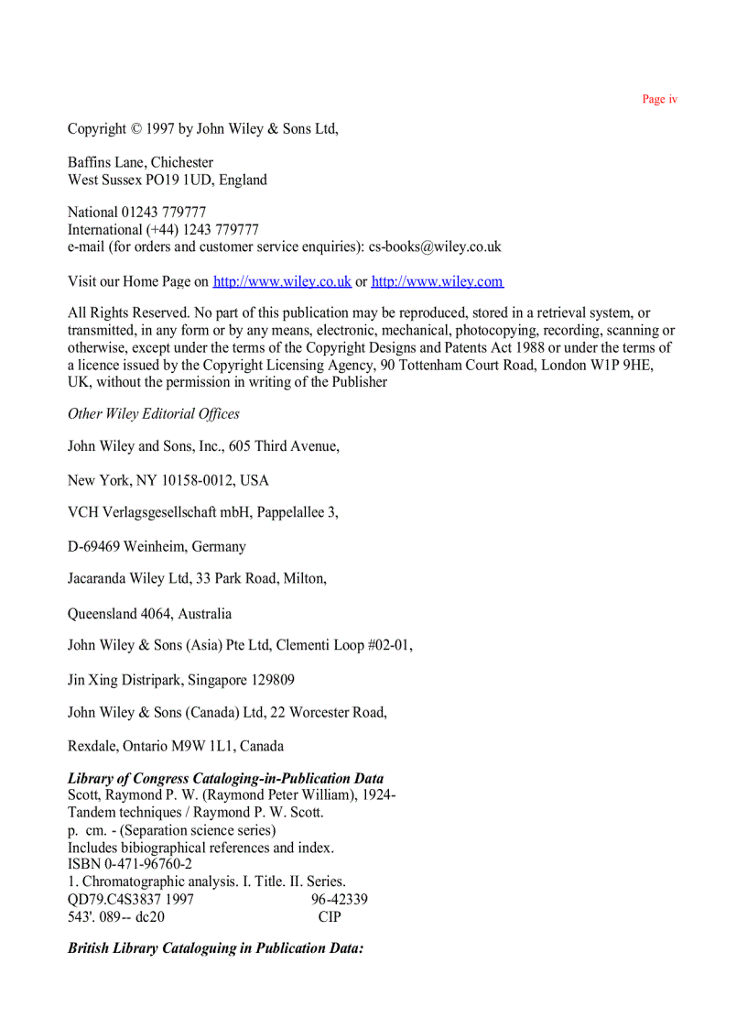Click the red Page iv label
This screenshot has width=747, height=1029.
(659, 99)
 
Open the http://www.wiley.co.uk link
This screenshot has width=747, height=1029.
(282, 281)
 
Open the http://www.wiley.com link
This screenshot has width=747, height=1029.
(437, 281)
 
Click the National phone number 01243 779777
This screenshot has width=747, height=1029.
(164, 213)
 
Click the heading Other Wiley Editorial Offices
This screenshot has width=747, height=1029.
(154, 414)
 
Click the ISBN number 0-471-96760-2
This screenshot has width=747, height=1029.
(146, 864)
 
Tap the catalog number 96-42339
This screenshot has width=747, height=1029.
(340, 899)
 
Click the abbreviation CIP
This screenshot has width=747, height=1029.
(330, 916)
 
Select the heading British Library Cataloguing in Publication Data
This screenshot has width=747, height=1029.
(215, 948)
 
